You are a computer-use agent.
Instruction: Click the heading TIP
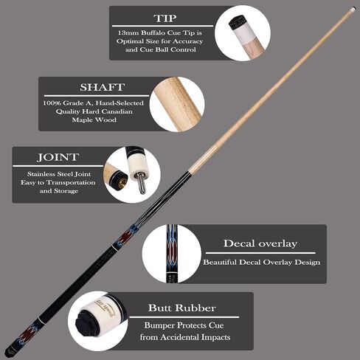click(165, 18)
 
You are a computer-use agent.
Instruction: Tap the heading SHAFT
click(103, 87)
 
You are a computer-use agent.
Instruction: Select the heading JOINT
click(58, 157)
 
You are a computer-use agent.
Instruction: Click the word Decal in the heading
click(239, 243)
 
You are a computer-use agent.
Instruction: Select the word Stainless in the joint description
click(41, 174)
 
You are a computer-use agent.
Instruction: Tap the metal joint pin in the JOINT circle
click(142, 183)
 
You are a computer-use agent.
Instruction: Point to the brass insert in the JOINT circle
click(122, 182)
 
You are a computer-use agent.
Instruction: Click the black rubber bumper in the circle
click(88, 323)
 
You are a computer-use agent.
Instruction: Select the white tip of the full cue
click(353, 10)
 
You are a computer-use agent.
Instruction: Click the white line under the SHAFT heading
click(97, 96)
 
